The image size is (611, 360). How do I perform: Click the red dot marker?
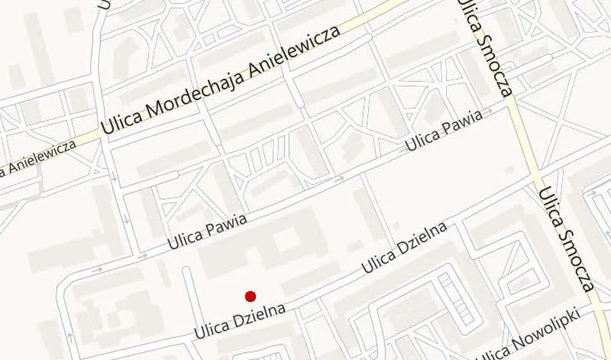point(251,296)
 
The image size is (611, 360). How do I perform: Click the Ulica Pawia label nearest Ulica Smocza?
point(444,130)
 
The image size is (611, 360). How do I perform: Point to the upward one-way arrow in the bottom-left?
point(69,337)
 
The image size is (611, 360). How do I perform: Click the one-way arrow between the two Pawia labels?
point(339,179)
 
